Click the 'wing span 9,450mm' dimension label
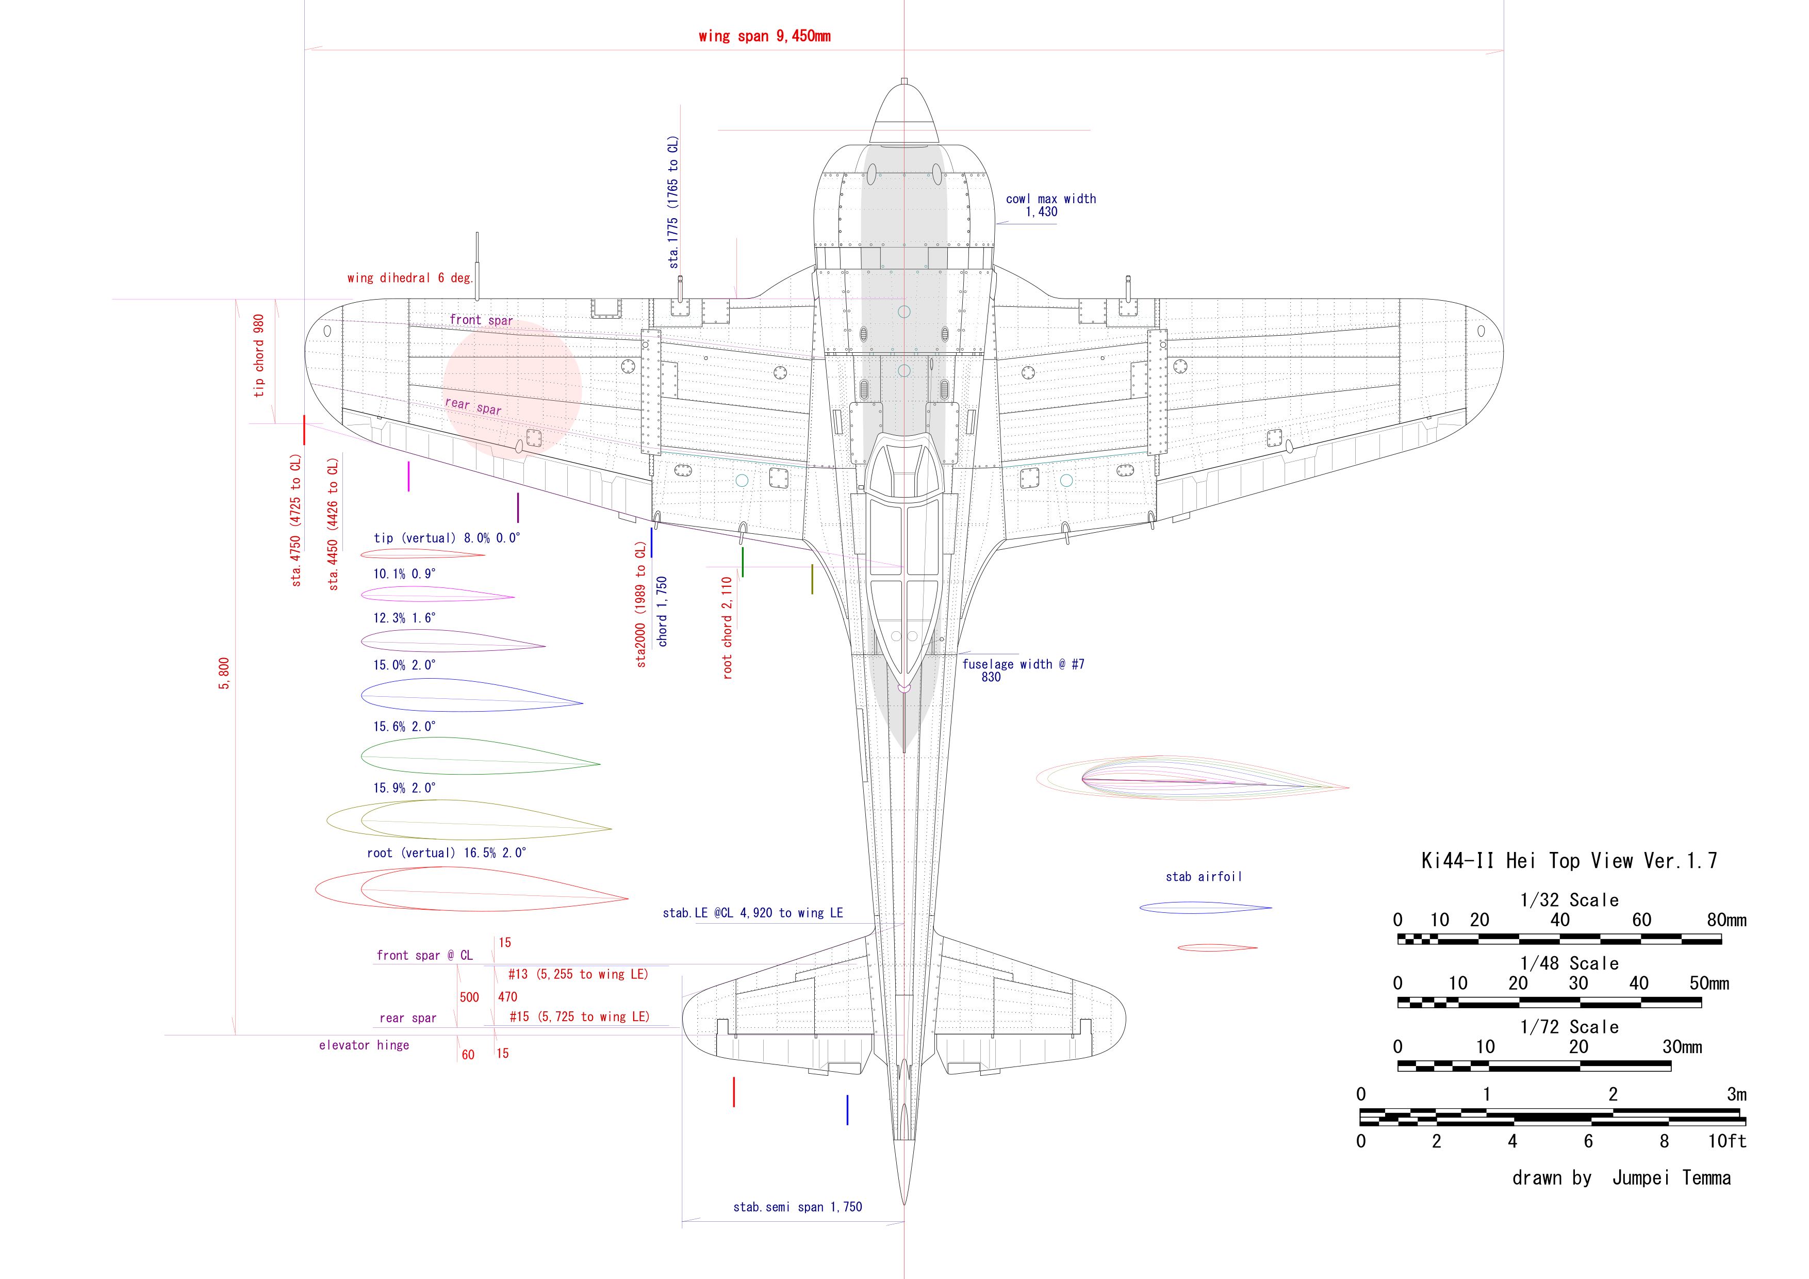pos(764,36)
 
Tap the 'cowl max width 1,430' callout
pos(1050,205)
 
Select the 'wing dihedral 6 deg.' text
pos(409,278)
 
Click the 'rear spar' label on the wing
pos(473,406)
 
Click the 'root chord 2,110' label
pos(727,627)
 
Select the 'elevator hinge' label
pos(364,1045)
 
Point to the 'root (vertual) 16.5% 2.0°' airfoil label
pos(447,852)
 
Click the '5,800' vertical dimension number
pos(224,673)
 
